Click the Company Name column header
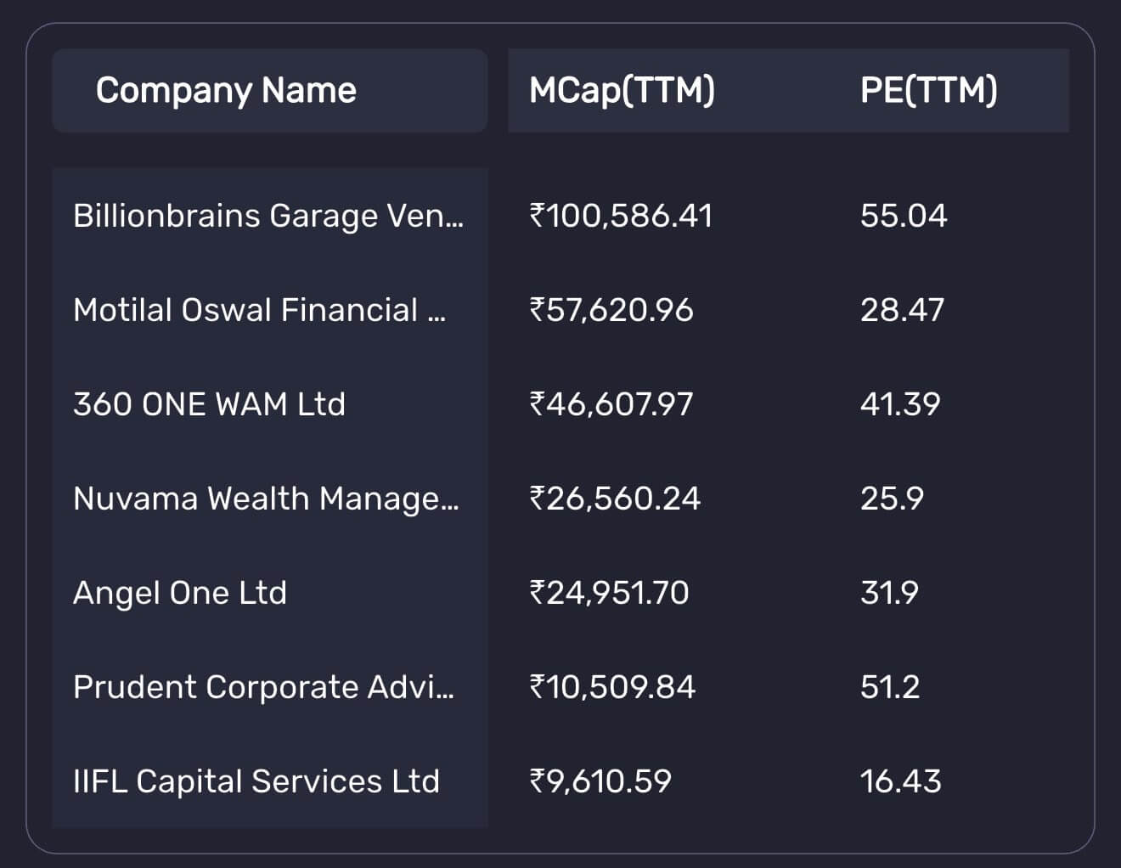click(x=226, y=90)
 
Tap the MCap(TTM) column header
click(x=622, y=90)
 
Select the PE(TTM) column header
click(x=928, y=90)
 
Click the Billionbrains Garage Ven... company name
click(x=268, y=216)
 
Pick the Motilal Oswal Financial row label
click(x=259, y=310)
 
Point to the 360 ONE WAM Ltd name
click(x=209, y=404)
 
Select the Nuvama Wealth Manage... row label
click(x=266, y=499)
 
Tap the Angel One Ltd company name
click(x=180, y=593)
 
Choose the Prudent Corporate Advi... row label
click(x=263, y=687)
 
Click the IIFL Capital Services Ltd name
click(x=256, y=781)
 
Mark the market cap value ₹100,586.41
click(x=621, y=216)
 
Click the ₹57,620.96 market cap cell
click(x=611, y=310)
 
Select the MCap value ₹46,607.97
click(x=611, y=404)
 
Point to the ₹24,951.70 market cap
click(x=609, y=593)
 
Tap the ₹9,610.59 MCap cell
click(x=600, y=781)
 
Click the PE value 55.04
click(x=903, y=216)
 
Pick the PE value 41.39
click(x=900, y=404)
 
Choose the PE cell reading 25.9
click(x=892, y=499)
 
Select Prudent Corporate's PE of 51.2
click(x=890, y=687)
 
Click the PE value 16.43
click(x=900, y=781)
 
